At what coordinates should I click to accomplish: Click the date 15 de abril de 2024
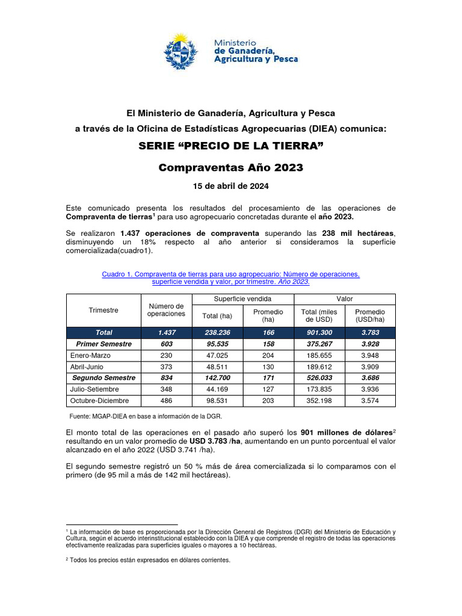[x=230, y=185]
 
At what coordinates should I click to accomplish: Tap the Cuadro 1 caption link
[x=230, y=278]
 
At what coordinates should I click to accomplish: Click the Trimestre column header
[x=103, y=310]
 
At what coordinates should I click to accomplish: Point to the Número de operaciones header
[x=166, y=310]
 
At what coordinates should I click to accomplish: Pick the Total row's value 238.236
[x=218, y=333]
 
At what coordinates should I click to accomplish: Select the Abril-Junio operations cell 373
[x=166, y=367]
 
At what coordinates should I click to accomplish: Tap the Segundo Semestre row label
[x=104, y=378]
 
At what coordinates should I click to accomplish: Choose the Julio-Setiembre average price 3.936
[x=370, y=390]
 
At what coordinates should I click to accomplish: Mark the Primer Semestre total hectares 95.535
[x=218, y=344]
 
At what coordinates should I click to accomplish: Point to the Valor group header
[x=345, y=299]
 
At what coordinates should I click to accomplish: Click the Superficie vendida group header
[x=243, y=299]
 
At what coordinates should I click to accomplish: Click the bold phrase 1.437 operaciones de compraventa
[x=189, y=233]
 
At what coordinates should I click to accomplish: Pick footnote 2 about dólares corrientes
[x=147, y=559]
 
